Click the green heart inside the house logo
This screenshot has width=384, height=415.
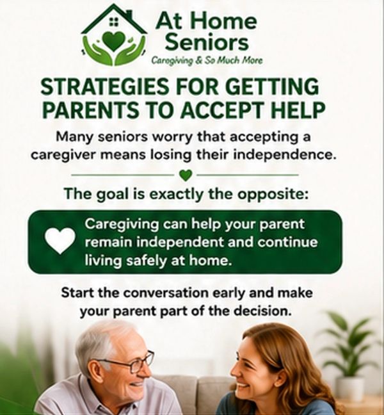pos(113,41)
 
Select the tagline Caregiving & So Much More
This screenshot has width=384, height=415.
pos(207,61)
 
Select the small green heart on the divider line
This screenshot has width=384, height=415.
pos(186,175)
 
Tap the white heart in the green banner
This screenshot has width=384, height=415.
pos(60,241)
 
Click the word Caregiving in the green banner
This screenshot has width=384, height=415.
pos(122,225)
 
